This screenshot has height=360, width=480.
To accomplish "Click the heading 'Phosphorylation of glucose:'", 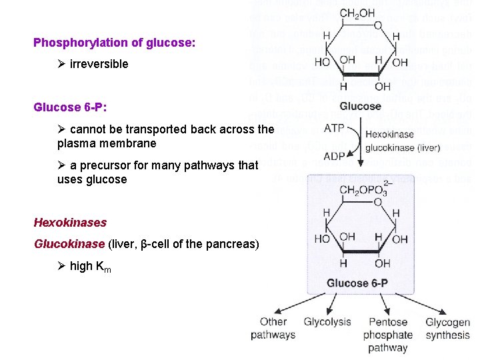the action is (x=115, y=43).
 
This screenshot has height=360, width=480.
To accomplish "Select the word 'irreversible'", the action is (x=99, y=65).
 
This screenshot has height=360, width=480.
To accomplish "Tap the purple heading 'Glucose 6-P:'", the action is (x=71, y=107).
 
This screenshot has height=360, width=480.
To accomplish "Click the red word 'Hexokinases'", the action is (x=70, y=222).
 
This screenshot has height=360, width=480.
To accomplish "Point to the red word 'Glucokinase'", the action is (x=69, y=244).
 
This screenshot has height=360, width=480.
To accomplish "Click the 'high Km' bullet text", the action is (x=90, y=267).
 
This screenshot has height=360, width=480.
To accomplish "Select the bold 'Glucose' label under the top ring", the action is (x=360, y=106).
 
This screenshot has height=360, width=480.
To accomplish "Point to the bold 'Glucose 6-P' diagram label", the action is (x=357, y=283).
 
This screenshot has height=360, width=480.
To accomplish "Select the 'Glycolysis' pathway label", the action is (x=327, y=322).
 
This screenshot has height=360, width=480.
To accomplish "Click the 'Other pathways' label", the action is (x=273, y=328).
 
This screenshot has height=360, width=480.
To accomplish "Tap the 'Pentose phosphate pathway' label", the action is (x=388, y=335).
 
